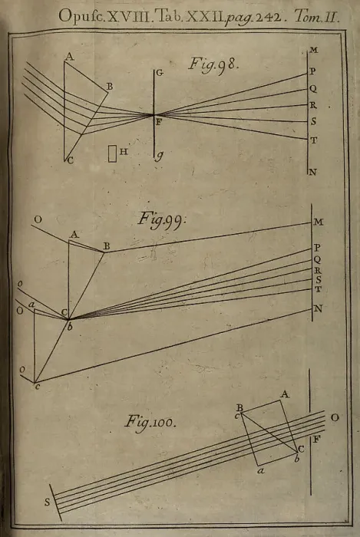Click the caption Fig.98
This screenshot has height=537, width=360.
coord(213,64)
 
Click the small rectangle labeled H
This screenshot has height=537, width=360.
coord(112,153)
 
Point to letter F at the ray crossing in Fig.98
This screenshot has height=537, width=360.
coord(159,122)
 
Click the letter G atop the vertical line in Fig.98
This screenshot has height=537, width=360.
coord(160,73)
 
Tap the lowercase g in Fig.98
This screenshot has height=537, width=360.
coord(160,156)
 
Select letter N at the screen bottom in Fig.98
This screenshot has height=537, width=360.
coord(312,172)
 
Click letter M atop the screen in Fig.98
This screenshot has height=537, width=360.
coord(314,50)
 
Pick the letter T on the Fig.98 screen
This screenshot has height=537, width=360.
coord(313,140)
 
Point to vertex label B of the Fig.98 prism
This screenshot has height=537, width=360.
coord(110,87)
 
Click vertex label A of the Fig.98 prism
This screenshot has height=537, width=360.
coord(70,57)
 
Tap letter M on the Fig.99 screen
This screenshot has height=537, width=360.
coord(319,222)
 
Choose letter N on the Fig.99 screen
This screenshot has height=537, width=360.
coord(319,308)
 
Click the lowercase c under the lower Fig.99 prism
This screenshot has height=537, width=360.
coord(38,387)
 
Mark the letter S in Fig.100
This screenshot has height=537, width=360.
coord(48,502)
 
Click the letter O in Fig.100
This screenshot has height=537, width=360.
coord(335,417)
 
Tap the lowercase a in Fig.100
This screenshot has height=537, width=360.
coord(261,470)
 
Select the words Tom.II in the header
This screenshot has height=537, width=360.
coord(317,16)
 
